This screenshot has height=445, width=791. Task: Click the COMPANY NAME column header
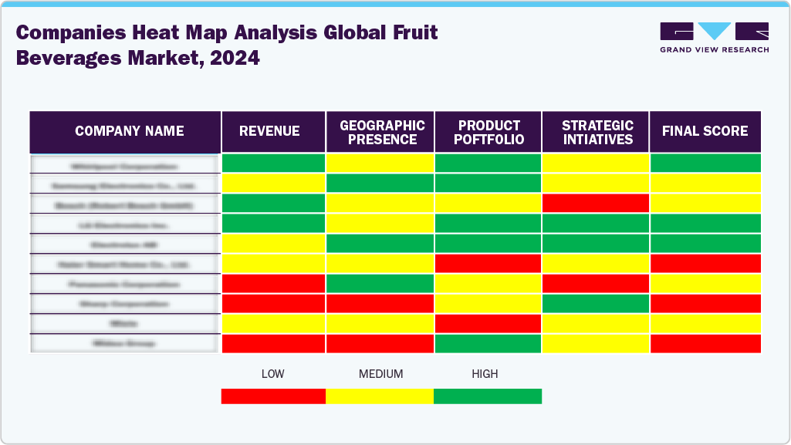[129, 132]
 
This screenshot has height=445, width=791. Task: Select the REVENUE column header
[269, 132]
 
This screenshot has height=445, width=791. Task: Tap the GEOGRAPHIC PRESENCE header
[382, 132]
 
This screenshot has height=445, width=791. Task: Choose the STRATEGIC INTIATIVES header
[597, 132]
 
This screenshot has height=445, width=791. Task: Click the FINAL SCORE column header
[705, 132]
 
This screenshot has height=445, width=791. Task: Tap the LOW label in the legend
[272, 374]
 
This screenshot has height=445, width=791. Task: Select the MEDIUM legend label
[380, 374]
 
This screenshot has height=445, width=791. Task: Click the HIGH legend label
[485, 374]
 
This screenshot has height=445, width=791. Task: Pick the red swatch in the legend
[273, 396]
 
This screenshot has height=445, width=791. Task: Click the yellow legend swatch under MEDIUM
[380, 396]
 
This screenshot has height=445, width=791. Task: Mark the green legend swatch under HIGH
[488, 396]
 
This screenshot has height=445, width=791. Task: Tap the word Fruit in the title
[411, 33]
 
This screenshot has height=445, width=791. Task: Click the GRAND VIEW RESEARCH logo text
[714, 50]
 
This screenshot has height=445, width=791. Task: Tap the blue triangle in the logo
[715, 31]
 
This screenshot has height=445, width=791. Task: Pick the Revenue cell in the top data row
[273, 164]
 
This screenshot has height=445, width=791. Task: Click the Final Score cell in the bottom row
[705, 343]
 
